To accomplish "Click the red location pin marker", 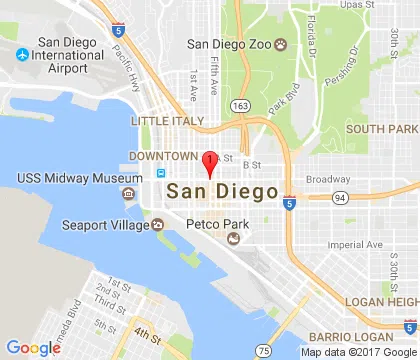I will [x=208, y=162].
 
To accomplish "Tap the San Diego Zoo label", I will [x=231, y=43].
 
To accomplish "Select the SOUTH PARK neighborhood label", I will [x=381, y=129].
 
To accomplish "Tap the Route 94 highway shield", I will [x=340, y=197].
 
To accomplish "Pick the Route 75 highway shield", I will [x=263, y=351].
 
